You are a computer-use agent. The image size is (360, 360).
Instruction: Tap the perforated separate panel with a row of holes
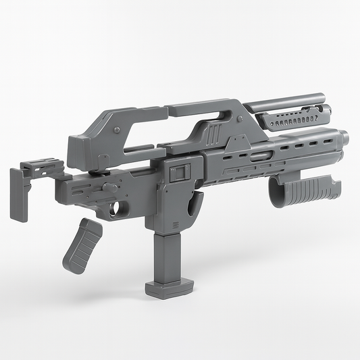293,120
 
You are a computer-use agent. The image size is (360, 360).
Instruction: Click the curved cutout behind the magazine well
196,203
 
